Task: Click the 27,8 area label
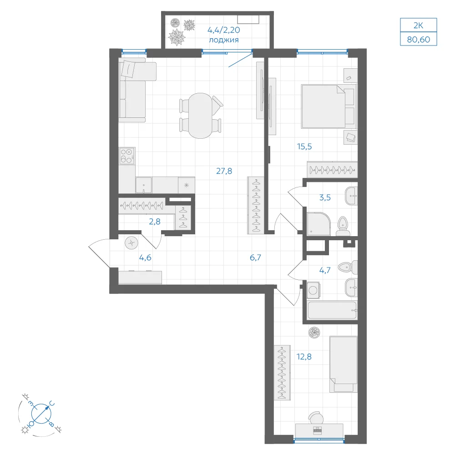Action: pyautogui.click(x=224, y=171)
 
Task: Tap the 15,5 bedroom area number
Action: pyautogui.click(x=304, y=147)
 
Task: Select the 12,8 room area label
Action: pyautogui.click(x=304, y=356)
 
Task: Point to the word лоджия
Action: pyautogui.click(x=224, y=40)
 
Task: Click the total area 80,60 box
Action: pyautogui.click(x=419, y=39)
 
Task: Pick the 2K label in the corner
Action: pyautogui.click(x=419, y=25)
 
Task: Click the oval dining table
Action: pyautogui.click(x=200, y=116)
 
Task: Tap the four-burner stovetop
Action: pyautogui.click(x=127, y=156)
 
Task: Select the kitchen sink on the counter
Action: pyautogui.click(x=144, y=185)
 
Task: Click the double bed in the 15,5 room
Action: pyautogui.click(x=329, y=106)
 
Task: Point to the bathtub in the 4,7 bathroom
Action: pyautogui.click(x=332, y=310)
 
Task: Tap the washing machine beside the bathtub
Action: pyautogui.click(x=313, y=290)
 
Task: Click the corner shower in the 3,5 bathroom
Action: pyautogui.click(x=318, y=224)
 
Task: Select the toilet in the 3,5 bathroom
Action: pyautogui.click(x=343, y=226)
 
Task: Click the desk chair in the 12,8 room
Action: pyautogui.click(x=316, y=418)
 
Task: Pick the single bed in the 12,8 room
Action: pyautogui.click(x=343, y=364)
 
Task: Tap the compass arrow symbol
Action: pyautogui.click(x=41, y=414)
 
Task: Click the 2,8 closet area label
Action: pyautogui.click(x=155, y=222)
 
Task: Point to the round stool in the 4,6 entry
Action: pyautogui.click(x=131, y=243)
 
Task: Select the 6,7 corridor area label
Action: pyautogui.click(x=255, y=258)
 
